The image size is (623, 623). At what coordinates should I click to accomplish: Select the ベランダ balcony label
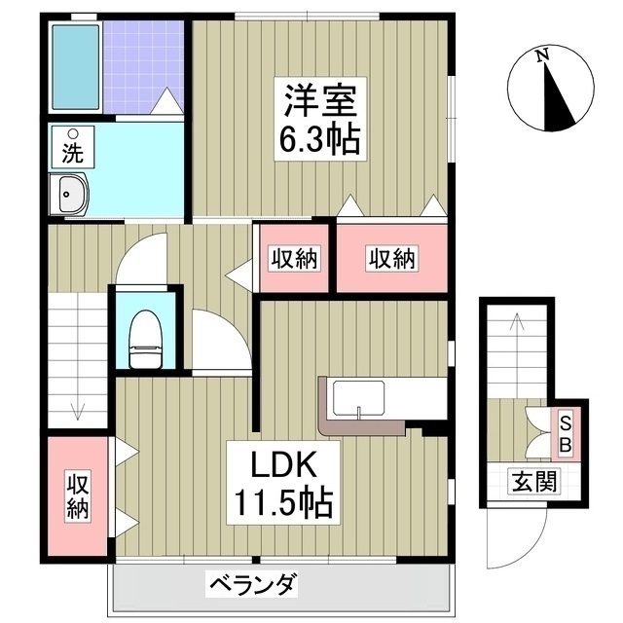[251, 585]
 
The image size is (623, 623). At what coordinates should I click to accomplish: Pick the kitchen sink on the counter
[360, 399]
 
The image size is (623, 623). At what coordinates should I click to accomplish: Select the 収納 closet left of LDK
[78, 495]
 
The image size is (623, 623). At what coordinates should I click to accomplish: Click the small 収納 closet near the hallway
[294, 259]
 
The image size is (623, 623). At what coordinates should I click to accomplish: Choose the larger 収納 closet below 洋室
[391, 259]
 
